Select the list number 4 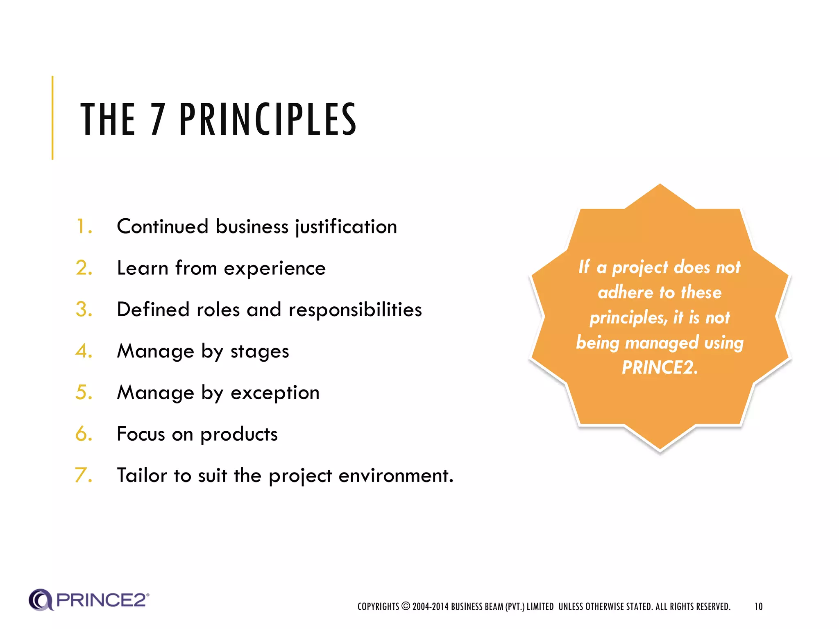point(83,351)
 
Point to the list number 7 point(82,475)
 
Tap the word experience point(274,269)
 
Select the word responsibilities point(355,310)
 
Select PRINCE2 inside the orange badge point(659,367)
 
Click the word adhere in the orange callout point(625,292)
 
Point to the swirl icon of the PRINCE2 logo point(41,600)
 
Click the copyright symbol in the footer point(406,606)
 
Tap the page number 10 point(758,606)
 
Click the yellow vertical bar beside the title point(52,118)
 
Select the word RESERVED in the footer point(713,606)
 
